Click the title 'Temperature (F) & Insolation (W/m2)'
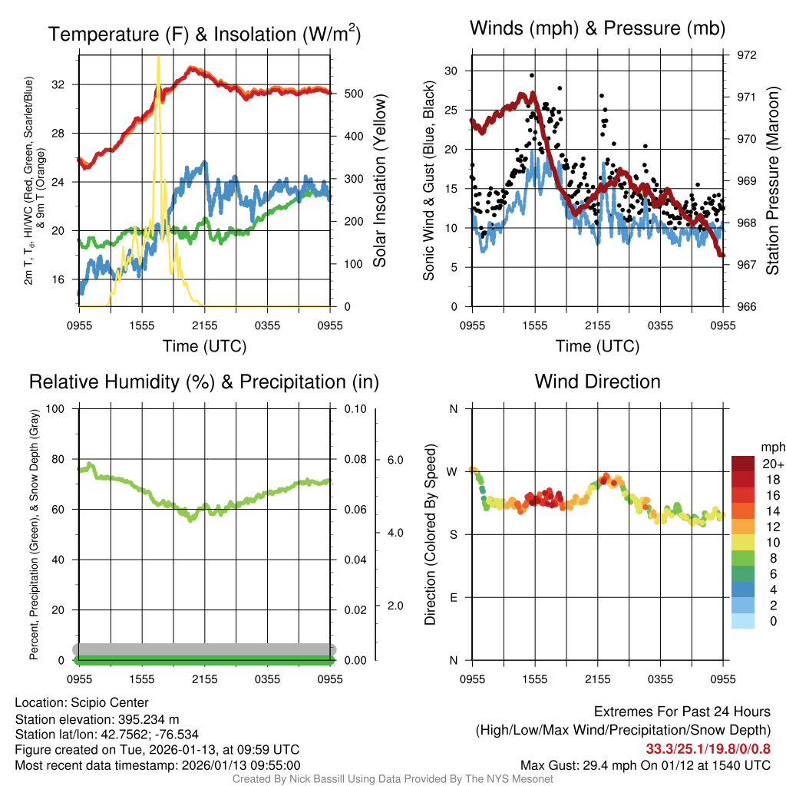coord(204,34)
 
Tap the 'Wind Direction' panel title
coord(597,381)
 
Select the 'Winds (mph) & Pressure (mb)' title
coord(597,29)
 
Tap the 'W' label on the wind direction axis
coord(453,471)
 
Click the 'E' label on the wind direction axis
coord(453,597)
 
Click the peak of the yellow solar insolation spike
coord(158,58)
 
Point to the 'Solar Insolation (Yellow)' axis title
coord(379,181)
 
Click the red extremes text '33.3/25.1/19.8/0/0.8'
coord(707,748)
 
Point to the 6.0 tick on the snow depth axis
coord(395,460)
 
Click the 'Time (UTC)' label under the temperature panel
coord(204,346)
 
